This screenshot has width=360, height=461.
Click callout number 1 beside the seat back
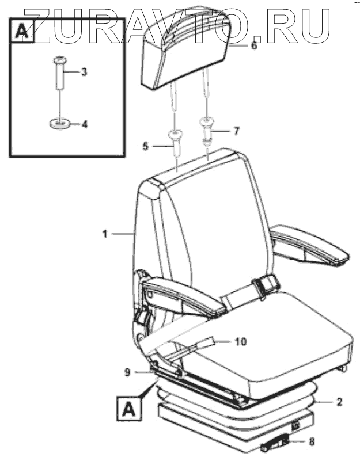[104, 234]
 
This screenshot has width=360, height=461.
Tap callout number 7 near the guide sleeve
[236, 131]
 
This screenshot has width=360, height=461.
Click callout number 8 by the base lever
[312, 443]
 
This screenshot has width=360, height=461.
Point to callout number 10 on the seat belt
[241, 342]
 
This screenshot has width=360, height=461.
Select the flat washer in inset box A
[60, 123]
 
